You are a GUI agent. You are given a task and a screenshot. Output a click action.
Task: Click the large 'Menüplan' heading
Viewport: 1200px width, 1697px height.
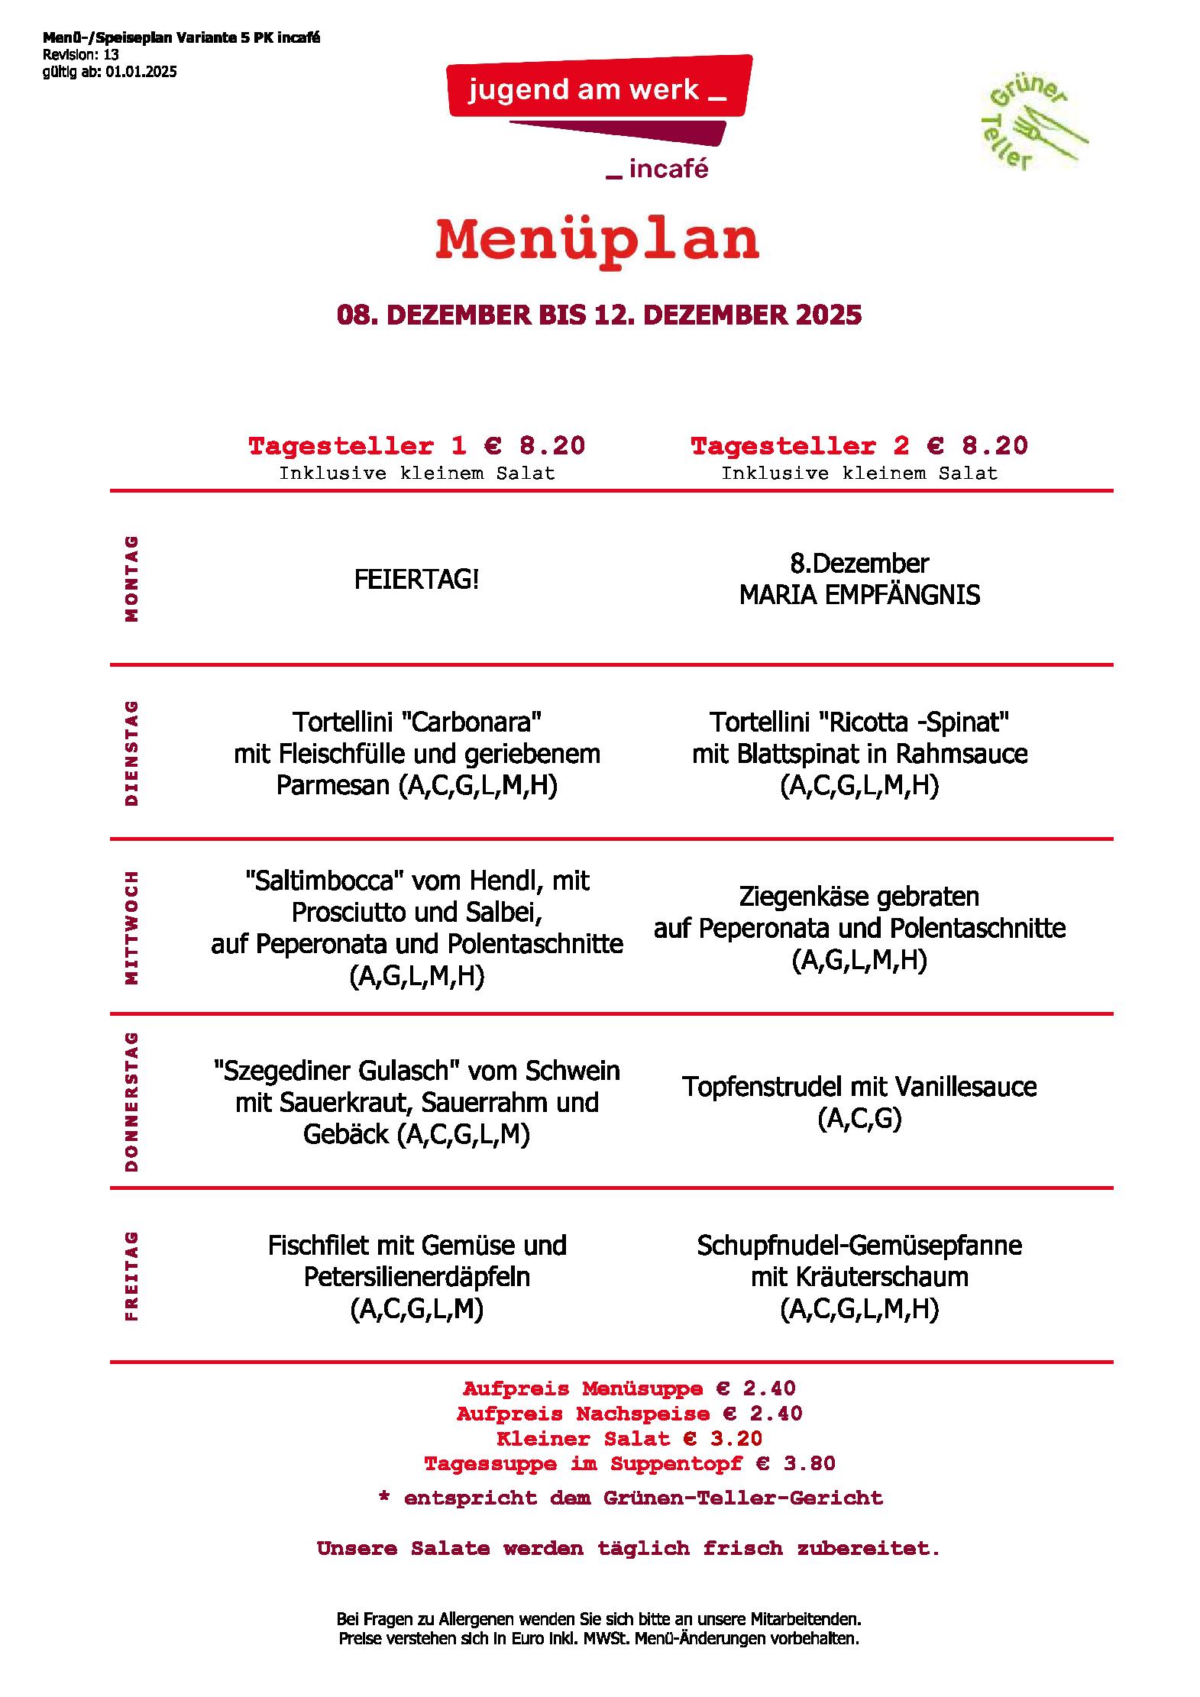pyautogui.click(x=597, y=240)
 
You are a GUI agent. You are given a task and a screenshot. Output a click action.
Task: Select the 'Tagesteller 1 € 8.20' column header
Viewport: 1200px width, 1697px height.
pyautogui.click(x=416, y=446)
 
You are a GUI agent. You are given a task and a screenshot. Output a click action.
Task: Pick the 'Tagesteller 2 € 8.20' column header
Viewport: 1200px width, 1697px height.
pyautogui.click(x=859, y=446)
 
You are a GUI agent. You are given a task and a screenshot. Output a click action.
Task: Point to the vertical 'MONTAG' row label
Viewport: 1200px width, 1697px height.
pyautogui.click(x=132, y=578)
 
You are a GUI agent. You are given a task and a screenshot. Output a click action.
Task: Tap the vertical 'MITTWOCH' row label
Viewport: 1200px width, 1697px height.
pyautogui.click(x=132, y=927)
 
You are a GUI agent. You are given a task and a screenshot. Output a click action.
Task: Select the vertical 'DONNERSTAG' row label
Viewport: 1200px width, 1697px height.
pyautogui.click(x=132, y=1101)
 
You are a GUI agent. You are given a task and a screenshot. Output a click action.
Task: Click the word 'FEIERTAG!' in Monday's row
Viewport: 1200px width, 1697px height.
pyautogui.click(x=416, y=580)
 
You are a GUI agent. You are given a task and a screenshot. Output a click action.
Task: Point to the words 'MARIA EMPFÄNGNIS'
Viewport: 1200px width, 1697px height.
pyautogui.click(x=859, y=595)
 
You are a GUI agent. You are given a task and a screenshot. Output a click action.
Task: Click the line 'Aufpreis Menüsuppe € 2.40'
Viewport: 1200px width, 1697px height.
pyautogui.click(x=629, y=1388)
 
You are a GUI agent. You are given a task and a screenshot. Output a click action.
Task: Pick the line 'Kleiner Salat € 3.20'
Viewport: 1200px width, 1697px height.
pyautogui.click(x=629, y=1439)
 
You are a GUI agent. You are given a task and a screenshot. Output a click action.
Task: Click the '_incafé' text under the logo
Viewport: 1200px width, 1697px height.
pyautogui.click(x=658, y=170)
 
